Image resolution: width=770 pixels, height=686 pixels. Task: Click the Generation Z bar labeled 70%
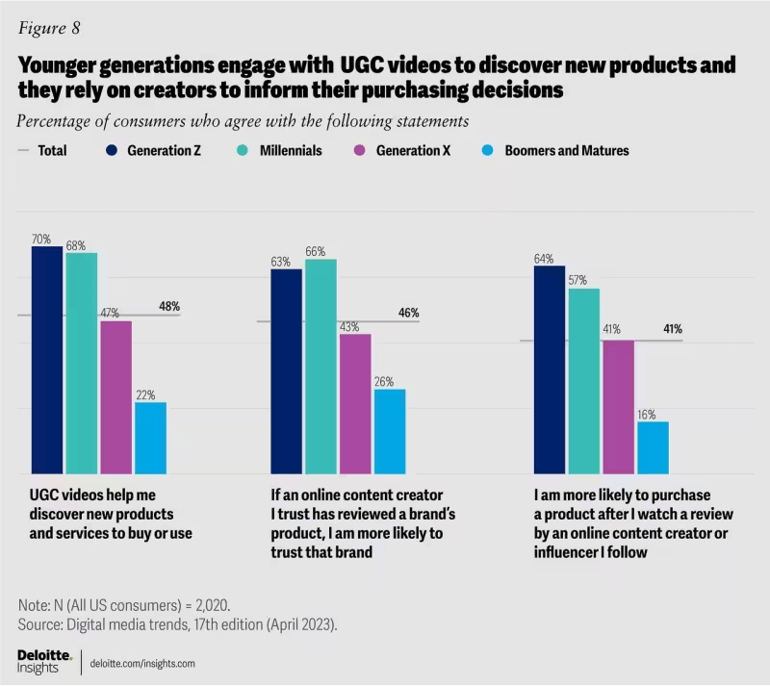(47, 360)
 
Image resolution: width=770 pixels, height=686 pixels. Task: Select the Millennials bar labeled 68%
(81, 363)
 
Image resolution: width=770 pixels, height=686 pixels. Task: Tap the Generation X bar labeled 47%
(115, 396)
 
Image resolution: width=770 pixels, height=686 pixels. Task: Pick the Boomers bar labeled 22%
(150, 438)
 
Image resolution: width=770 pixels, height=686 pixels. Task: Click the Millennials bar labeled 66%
(321, 367)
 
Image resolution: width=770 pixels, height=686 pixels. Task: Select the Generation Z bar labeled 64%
(549, 369)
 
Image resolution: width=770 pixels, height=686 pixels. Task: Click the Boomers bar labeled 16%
(653, 447)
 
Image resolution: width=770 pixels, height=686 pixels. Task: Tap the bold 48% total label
(169, 307)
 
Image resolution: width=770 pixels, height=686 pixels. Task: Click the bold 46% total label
(408, 313)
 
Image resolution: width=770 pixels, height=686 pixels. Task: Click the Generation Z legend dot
(113, 151)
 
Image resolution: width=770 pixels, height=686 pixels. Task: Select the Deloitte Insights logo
(43, 662)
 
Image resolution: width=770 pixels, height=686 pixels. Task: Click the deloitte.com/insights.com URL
(141, 663)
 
